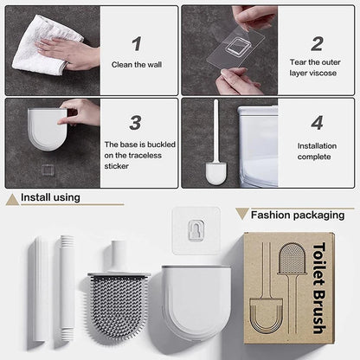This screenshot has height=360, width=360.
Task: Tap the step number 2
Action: [317, 42]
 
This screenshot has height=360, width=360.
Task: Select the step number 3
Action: [136, 123]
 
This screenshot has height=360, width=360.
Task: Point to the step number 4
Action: [317, 123]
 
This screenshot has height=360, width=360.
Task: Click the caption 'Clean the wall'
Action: [136, 64]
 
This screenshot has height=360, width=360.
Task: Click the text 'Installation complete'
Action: [316, 151]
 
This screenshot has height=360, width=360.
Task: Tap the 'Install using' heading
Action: [51, 198]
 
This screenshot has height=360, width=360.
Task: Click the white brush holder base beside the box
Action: [195, 299]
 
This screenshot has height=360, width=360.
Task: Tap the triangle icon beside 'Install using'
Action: [11, 200]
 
